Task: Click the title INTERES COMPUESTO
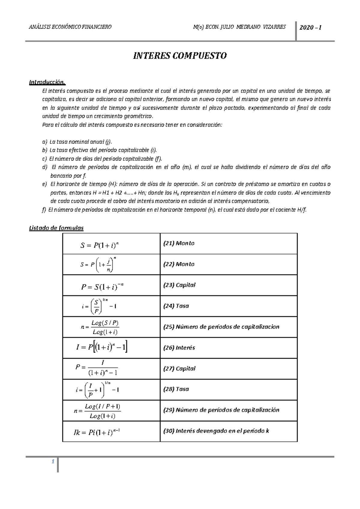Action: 180,56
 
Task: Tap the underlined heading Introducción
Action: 47,82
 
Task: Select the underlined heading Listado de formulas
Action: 56,228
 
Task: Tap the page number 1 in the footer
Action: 52,462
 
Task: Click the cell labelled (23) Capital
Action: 179,285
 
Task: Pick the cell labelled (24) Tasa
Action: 176,306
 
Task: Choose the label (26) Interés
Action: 179,348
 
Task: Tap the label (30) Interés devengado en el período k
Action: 216,431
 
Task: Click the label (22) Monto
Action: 179,264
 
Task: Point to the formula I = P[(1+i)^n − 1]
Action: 102,348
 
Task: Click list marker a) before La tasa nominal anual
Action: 45,142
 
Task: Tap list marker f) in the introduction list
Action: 44,210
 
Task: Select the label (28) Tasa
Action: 176,389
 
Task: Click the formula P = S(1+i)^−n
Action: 102,287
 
